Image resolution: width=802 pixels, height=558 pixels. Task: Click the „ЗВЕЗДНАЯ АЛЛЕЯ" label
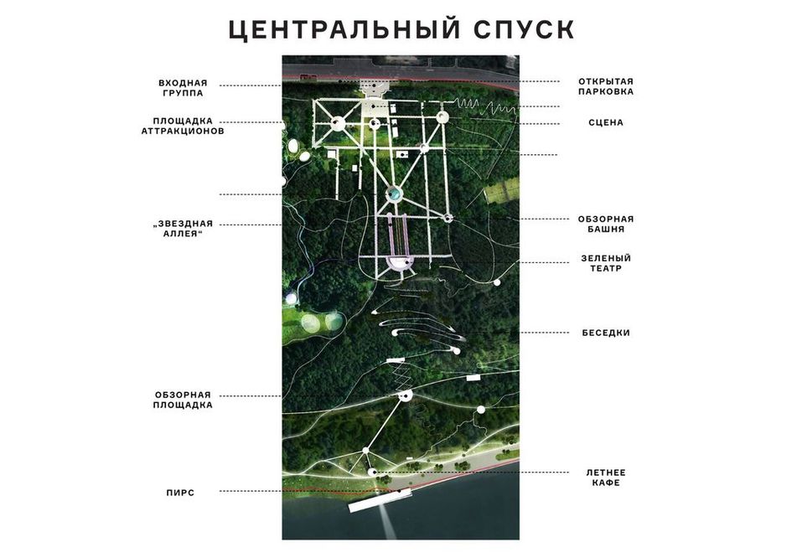tap(183, 228)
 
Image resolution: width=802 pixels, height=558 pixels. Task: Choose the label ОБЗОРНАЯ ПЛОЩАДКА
tap(183, 400)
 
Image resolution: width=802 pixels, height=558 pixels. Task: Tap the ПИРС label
tap(180, 493)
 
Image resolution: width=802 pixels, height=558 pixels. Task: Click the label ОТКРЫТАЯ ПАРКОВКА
tap(605, 86)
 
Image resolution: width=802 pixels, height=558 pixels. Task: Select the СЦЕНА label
tap(605, 122)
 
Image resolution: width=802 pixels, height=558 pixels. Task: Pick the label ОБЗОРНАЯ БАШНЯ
tap(605, 223)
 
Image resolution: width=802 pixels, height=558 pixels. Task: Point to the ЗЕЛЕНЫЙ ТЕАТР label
tap(605, 263)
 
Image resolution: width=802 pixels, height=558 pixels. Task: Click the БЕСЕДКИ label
tap(605, 333)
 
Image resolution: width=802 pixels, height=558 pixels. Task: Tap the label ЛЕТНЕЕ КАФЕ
tap(605, 478)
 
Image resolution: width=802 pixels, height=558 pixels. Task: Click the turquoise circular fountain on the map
tap(393, 194)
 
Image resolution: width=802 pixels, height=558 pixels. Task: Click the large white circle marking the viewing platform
tap(406, 395)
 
